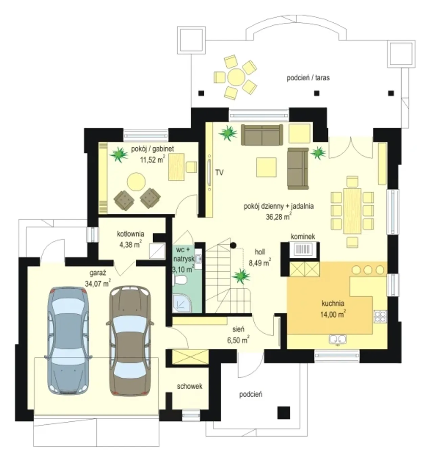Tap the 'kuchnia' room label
click(333, 303)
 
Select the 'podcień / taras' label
click(308, 78)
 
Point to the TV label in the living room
click(219, 172)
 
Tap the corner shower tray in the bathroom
click(182, 303)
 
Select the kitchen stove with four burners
click(380, 317)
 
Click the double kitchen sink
click(338, 340)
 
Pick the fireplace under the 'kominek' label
click(303, 250)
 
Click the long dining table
click(352, 211)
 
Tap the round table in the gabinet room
click(136, 182)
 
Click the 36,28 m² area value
click(278, 216)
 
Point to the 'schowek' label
click(189, 386)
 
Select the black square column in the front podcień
click(283, 413)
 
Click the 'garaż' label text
click(98, 273)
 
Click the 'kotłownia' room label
click(131, 234)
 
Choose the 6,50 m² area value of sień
click(238, 340)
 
